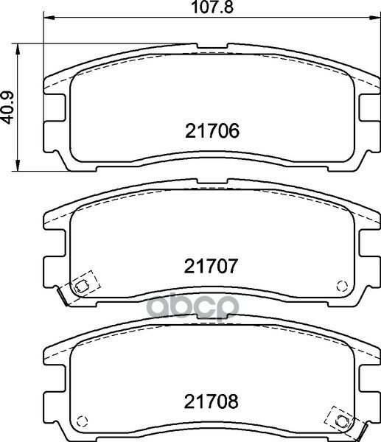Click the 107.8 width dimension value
[212, 7]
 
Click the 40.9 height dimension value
[7, 108]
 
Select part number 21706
[212, 131]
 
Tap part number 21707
[212, 266]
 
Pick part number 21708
[212, 401]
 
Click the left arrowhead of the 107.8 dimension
[49, 18]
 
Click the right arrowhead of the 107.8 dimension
[374, 18]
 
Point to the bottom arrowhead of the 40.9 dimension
[18, 166]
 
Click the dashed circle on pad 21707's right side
[342, 286]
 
